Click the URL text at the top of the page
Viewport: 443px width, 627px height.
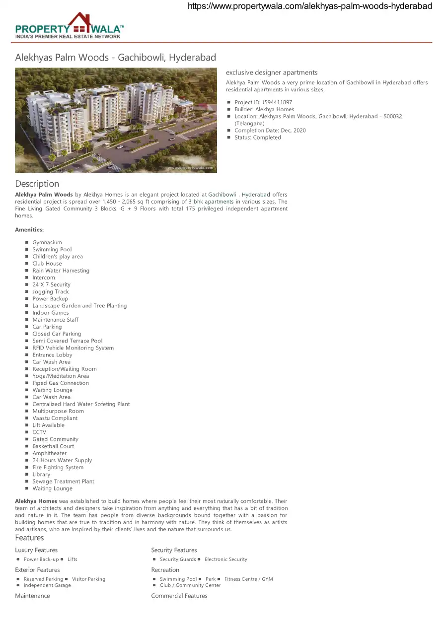coord(310,6)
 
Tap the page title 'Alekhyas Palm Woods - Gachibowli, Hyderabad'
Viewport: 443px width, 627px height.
coord(115,58)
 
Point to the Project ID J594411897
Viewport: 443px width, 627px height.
coord(263,102)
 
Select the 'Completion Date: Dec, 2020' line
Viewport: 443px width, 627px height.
coord(270,131)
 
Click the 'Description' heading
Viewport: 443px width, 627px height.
coord(37,184)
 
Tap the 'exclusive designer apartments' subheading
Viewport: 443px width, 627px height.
coord(272,72)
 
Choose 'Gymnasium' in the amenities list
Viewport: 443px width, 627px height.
coord(47,243)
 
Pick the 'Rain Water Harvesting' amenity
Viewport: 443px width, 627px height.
coord(61,271)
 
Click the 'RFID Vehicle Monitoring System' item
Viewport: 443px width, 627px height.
coord(73,348)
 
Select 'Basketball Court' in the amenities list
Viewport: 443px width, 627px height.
coord(53,446)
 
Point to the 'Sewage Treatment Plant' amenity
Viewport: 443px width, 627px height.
coord(63,482)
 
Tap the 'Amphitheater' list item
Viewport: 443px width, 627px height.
coord(49,453)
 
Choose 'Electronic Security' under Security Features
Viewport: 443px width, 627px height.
coord(225,559)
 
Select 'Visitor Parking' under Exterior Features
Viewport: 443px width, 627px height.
coord(88,579)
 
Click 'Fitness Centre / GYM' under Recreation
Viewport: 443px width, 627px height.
coord(248,579)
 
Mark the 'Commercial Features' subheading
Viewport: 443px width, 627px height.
coord(179,596)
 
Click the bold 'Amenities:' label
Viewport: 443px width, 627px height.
coord(29,230)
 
